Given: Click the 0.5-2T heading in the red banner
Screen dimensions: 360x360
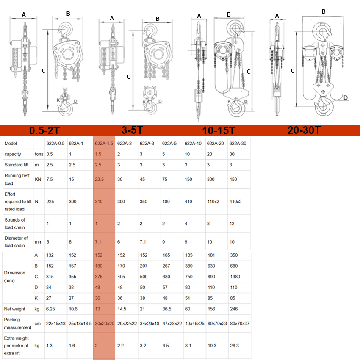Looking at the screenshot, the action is [44, 130].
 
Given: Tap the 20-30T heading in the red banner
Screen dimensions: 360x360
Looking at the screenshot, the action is [304, 130].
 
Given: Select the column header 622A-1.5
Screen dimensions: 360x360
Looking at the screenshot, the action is [104, 144].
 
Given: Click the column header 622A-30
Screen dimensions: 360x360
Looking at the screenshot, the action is [238, 144].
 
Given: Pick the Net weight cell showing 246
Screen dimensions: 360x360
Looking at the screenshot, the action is [234, 309].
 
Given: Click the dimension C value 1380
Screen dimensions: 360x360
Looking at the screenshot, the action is [235, 277].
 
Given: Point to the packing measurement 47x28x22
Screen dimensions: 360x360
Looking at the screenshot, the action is [172, 324].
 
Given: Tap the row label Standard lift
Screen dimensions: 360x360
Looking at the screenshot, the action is [16, 165].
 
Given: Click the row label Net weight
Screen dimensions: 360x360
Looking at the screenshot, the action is [14, 309].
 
